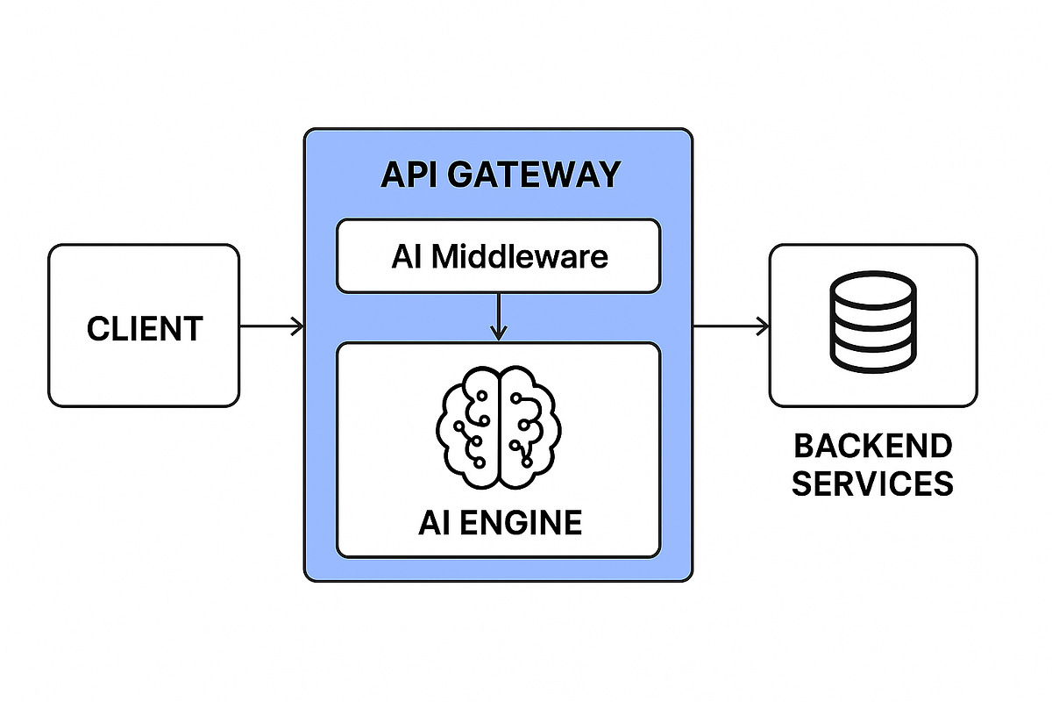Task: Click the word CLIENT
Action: pyautogui.click(x=145, y=329)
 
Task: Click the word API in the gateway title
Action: pyautogui.click(x=410, y=175)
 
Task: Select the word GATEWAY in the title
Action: pyautogui.click(x=533, y=175)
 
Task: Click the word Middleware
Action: pyautogui.click(x=520, y=256)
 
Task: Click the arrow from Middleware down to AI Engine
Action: pyautogui.click(x=498, y=316)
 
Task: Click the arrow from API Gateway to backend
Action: pyautogui.click(x=729, y=327)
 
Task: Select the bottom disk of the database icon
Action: pyautogui.click(x=872, y=355)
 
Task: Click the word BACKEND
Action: pyautogui.click(x=872, y=446)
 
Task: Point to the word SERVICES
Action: pyautogui.click(x=872, y=484)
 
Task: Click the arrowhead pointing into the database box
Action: pyautogui.click(x=764, y=327)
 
